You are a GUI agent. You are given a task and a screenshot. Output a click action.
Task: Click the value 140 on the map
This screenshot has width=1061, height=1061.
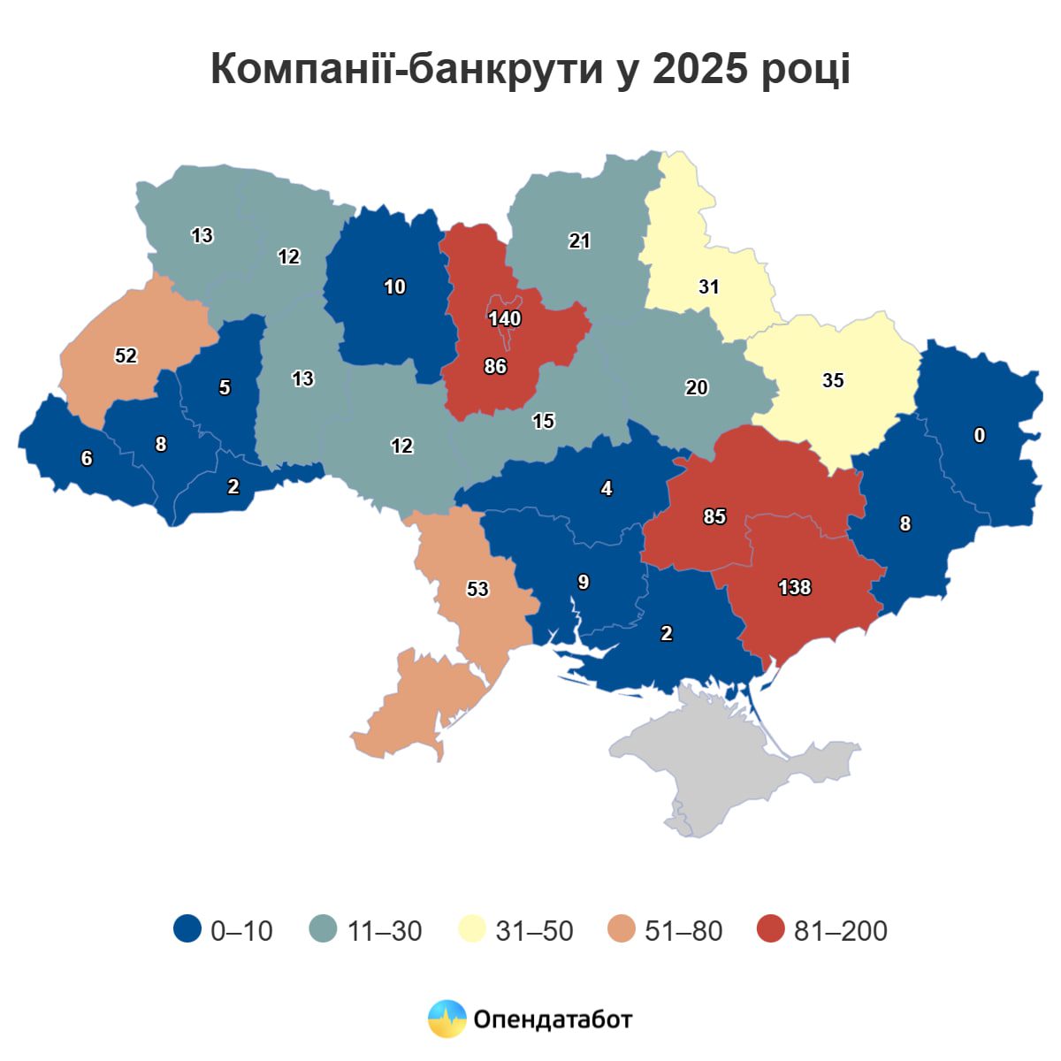[505, 318]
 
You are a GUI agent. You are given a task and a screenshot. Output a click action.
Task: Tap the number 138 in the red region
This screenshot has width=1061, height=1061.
[794, 587]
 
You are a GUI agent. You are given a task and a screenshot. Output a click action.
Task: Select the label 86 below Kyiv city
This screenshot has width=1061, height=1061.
[495, 365]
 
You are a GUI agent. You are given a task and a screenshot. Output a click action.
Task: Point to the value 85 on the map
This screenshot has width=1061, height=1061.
[714, 516]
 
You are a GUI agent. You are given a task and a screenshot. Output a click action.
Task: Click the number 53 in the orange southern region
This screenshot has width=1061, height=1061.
[477, 589]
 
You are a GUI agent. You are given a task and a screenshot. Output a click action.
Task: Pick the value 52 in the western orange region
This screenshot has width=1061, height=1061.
[126, 355]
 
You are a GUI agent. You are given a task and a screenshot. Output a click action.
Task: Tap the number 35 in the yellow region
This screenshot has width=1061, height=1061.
[833, 380]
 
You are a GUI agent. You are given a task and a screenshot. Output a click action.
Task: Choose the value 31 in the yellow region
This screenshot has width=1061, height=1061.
[709, 286]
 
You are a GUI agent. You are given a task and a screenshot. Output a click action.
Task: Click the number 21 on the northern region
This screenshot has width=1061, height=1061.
[580, 240]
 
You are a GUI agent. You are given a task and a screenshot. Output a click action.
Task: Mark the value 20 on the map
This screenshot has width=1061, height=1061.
[697, 387]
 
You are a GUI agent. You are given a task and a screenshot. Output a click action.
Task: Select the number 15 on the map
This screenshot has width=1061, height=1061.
[544, 421]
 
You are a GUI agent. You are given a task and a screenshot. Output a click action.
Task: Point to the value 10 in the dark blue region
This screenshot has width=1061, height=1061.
[394, 286]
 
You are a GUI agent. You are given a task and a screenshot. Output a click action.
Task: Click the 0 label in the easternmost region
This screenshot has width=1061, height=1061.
[979, 435]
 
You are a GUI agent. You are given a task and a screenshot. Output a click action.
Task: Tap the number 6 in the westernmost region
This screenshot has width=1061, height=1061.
[87, 458]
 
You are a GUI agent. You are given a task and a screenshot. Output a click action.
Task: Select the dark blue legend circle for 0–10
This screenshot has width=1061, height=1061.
[187, 929]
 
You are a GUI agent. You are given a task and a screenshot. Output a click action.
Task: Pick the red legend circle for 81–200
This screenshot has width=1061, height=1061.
[771, 929]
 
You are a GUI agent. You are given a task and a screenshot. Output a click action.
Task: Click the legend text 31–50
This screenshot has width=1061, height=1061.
[534, 930]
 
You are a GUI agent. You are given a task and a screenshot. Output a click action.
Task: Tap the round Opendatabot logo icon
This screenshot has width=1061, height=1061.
[447, 1019]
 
